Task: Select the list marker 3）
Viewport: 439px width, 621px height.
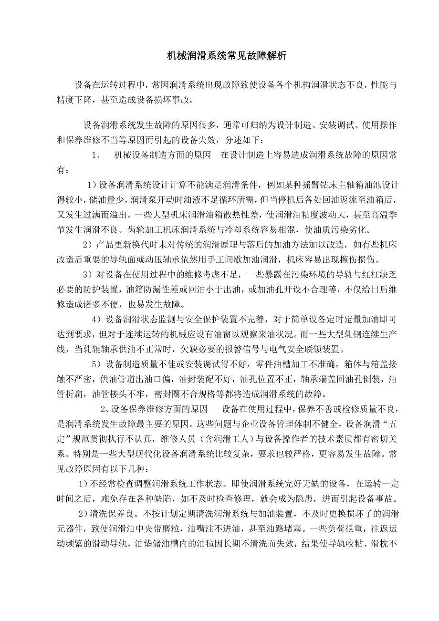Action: (86, 275)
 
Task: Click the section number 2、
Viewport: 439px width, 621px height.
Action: (105, 409)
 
